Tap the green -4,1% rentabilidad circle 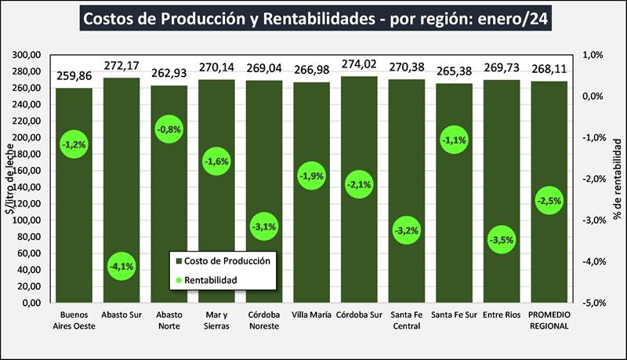(121, 266)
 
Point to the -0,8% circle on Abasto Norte (169, 129)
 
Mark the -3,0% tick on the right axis (593, 220)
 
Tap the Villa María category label (312, 315)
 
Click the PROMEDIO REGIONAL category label (549, 321)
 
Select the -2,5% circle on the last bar (549, 201)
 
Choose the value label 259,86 (74, 77)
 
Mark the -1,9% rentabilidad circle (312, 176)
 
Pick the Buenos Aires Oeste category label (74, 321)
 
